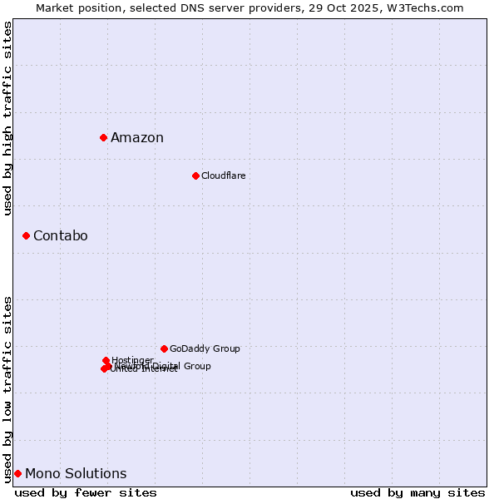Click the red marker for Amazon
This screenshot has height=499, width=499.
[103, 137]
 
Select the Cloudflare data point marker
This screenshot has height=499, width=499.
[195, 175]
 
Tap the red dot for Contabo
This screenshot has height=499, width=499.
[26, 236]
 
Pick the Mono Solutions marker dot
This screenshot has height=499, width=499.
[17, 474]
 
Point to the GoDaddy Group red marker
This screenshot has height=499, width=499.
[164, 348]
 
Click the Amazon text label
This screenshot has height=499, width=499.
[137, 138]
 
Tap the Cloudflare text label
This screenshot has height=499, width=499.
[223, 175]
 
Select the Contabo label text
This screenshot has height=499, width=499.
[60, 236]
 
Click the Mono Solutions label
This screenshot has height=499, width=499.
[76, 474]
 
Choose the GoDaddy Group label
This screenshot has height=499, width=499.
[205, 348]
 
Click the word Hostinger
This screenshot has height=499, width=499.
[132, 360]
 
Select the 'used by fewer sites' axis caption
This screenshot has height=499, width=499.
[86, 492]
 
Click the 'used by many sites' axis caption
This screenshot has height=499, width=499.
[417, 492]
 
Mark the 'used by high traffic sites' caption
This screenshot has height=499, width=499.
[7, 118]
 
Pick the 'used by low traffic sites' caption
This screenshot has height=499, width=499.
[7, 388]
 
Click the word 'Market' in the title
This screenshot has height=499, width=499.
[55, 7]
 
